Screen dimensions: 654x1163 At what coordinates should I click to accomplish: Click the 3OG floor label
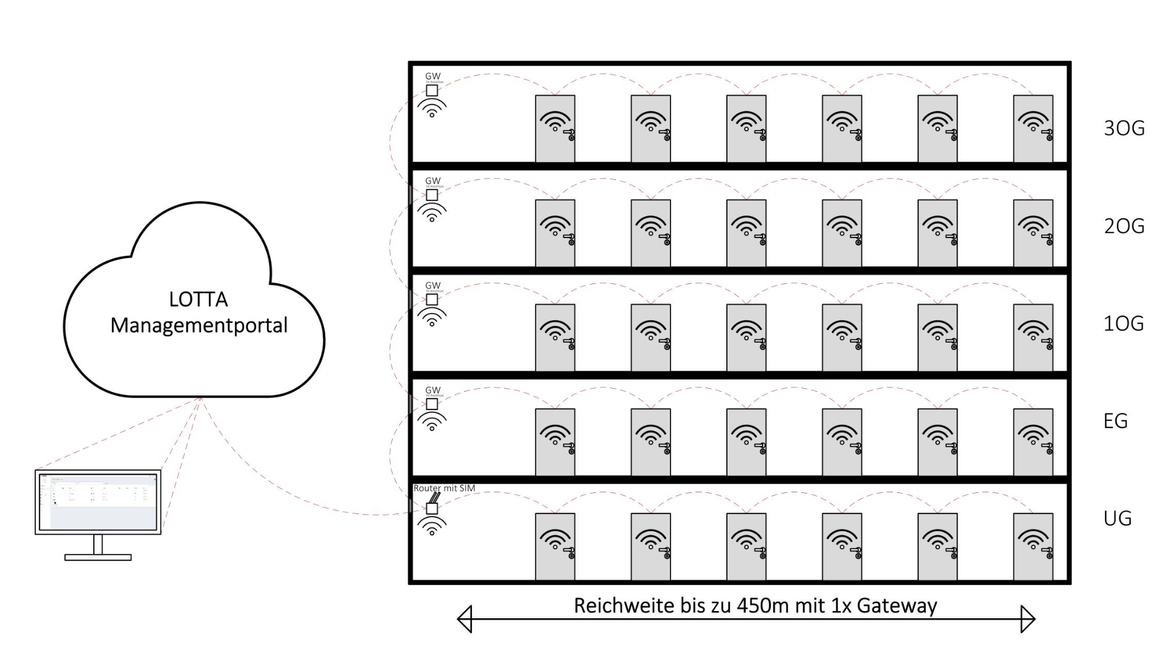pyautogui.click(x=1124, y=128)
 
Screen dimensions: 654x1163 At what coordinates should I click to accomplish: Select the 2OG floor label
pyautogui.click(x=1124, y=226)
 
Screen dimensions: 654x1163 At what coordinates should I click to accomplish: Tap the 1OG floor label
pyautogui.click(x=1124, y=323)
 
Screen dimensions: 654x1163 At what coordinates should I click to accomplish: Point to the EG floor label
pyautogui.click(x=1116, y=421)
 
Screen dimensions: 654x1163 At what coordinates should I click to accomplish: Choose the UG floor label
pyautogui.click(x=1118, y=518)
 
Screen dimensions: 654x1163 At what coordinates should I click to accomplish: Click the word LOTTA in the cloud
pyautogui.click(x=198, y=299)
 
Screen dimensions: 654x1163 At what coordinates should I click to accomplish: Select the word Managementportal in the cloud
pyautogui.click(x=199, y=325)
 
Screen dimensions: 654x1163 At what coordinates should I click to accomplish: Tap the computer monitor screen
pyautogui.click(x=98, y=501)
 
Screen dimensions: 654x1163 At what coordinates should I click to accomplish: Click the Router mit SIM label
pyautogui.click(x=444, y=488)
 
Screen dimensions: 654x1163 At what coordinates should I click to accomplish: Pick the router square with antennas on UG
pyautogui.click(x=432, y=507)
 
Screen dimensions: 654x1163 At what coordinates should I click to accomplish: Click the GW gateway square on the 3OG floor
pyautogui.click(x=432, y=90)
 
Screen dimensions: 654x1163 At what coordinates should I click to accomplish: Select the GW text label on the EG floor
pyautogui.click(x=433, y=390)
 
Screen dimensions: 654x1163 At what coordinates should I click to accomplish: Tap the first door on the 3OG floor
pyautogui.click(x=555, y=128)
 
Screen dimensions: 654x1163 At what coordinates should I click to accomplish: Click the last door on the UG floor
pyautogui.click(x=1033, y=546)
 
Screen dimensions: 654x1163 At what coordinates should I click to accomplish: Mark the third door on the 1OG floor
pyautogui.click(x=746, y=337)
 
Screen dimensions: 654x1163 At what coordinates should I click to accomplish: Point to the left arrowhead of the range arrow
pyautogui.click(x=465, y=619)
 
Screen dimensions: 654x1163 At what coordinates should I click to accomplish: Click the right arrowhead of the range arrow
pyautogui.click(x=1028, y=619)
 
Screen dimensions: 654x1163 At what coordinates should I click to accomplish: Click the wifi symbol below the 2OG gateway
pyautogui.click(x=432, y=212)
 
